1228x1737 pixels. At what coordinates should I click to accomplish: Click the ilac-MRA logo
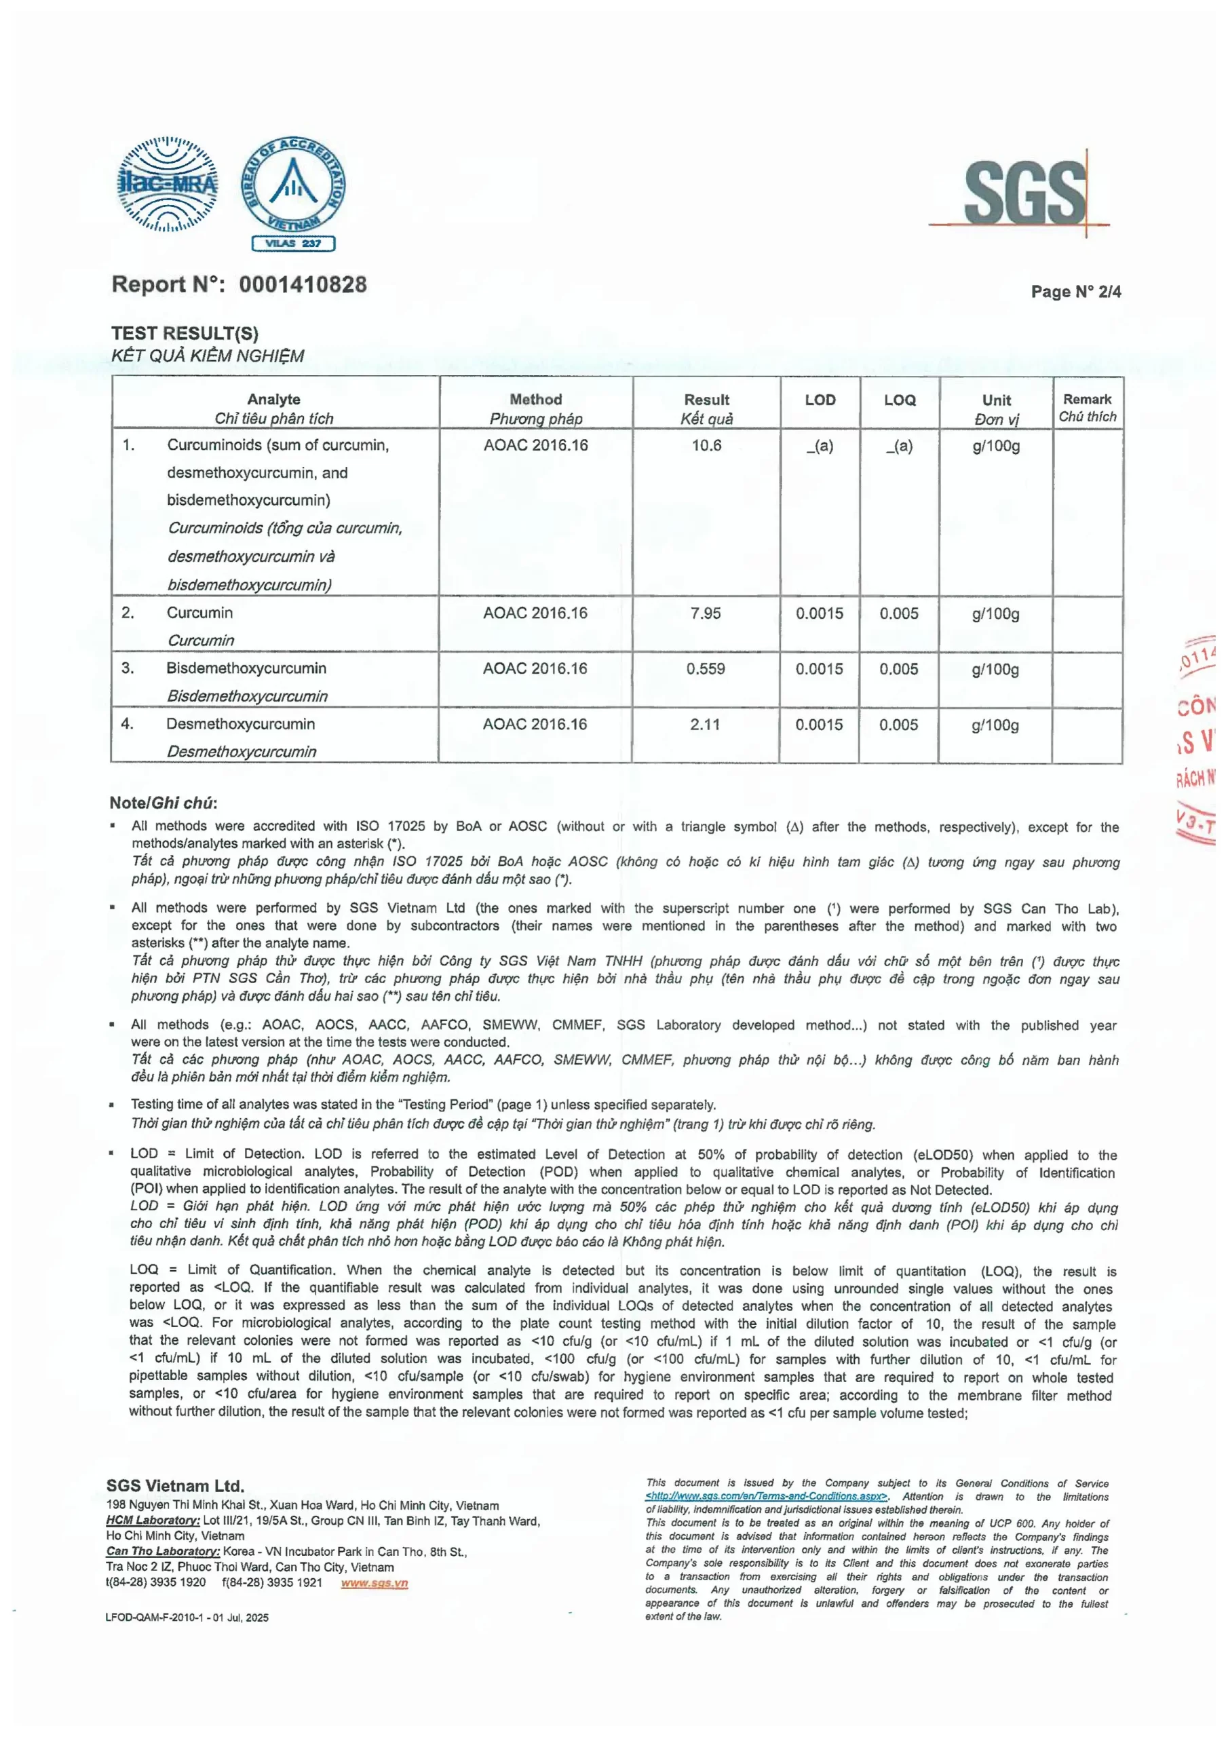pyautogui.click(x=168, y=184)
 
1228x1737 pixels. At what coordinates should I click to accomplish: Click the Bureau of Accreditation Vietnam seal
pyautogui.click(x=294, y=185)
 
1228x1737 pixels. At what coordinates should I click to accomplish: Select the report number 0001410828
pyautogui.click(x=303, y=284)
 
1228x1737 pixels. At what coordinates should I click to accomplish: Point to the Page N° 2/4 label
pyautogui.click(x=1075, y=291)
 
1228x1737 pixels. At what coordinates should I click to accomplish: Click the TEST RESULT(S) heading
pyautogui.click(x=185, y=333)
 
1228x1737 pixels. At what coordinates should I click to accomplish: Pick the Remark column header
pyautogui.click(x=1088, y=400)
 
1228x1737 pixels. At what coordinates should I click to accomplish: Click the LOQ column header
pyautogui.click(x=900, y=400)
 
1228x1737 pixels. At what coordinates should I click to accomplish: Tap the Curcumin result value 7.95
pyautogui.click(x=705, y=613)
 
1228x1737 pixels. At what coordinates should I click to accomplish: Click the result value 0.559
pyautogui.click(x=705, y=669)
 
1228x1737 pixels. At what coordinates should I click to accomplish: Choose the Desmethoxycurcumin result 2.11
pyautogui.click(x=704, y=725)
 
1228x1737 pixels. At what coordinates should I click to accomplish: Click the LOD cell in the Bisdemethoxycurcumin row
pyautogui.click(x=819, y=669)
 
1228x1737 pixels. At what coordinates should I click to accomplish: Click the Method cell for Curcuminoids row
pyautogui.click(x=536, y=446)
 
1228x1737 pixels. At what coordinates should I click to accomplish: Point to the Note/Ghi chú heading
pyautogui.click(x=163, y=803)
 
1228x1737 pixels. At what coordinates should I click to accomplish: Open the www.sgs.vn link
pyautogui.click(x=374, y=1583)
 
